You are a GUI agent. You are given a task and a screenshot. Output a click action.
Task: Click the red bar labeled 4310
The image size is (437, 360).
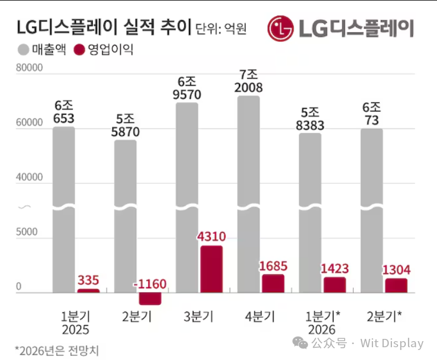(211, 269)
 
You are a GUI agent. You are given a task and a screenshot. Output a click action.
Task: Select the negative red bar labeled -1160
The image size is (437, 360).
(150, 298)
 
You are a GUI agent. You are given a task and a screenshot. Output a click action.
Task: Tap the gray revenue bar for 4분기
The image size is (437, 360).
(249, 194)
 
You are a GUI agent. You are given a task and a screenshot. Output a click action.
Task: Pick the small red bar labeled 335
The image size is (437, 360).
(88, 291)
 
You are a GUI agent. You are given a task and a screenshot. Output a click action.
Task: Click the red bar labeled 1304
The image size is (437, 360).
(396, 285)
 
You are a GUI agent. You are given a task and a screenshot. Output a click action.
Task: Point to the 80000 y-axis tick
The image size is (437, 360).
(29, 69)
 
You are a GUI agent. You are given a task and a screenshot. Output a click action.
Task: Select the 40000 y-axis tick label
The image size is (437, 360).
(29, 178)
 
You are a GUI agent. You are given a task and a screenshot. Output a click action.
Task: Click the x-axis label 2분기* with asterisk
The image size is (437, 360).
(384, 317)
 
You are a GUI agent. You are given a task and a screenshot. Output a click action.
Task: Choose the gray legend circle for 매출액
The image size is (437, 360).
(23, 50)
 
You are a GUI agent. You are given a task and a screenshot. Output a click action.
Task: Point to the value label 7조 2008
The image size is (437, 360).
(249, 81)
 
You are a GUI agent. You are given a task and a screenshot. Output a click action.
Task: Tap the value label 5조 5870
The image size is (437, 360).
(125, 125)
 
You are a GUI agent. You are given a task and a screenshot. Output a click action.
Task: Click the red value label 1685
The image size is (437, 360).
(273, 266)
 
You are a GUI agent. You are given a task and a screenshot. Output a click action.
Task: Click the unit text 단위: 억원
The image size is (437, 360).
(221, 28)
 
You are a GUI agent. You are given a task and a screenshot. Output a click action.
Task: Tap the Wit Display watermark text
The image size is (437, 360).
(391, 343)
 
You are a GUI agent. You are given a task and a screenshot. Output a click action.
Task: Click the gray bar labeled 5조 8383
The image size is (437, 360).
(310, 211)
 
